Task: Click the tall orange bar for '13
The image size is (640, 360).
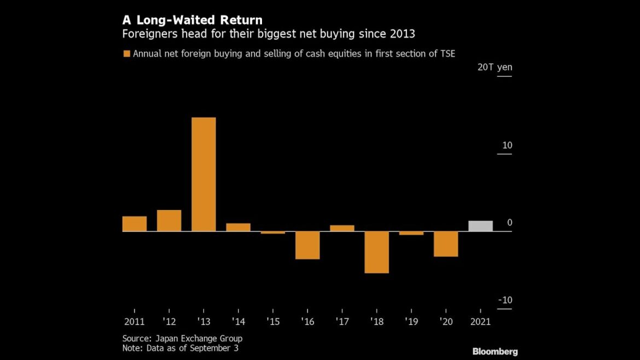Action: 203,174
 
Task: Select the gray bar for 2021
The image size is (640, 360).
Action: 480,226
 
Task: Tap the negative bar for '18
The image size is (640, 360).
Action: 376,252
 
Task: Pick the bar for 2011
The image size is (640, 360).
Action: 135,224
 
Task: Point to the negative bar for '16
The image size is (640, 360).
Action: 307,245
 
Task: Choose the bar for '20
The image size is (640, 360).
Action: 446,244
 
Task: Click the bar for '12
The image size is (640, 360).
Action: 169,220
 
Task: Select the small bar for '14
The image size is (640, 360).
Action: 238,227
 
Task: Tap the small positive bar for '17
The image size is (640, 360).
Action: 342,228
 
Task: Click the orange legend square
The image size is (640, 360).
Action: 126,54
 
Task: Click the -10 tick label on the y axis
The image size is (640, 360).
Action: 504,300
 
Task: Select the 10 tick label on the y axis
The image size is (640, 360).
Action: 507,146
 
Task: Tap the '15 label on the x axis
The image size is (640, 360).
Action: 273,322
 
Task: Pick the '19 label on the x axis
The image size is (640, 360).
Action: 411,322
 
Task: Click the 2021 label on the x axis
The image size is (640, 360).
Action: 480,322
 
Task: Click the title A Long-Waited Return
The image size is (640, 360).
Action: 192,21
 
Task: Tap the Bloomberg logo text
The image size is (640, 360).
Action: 495,351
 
